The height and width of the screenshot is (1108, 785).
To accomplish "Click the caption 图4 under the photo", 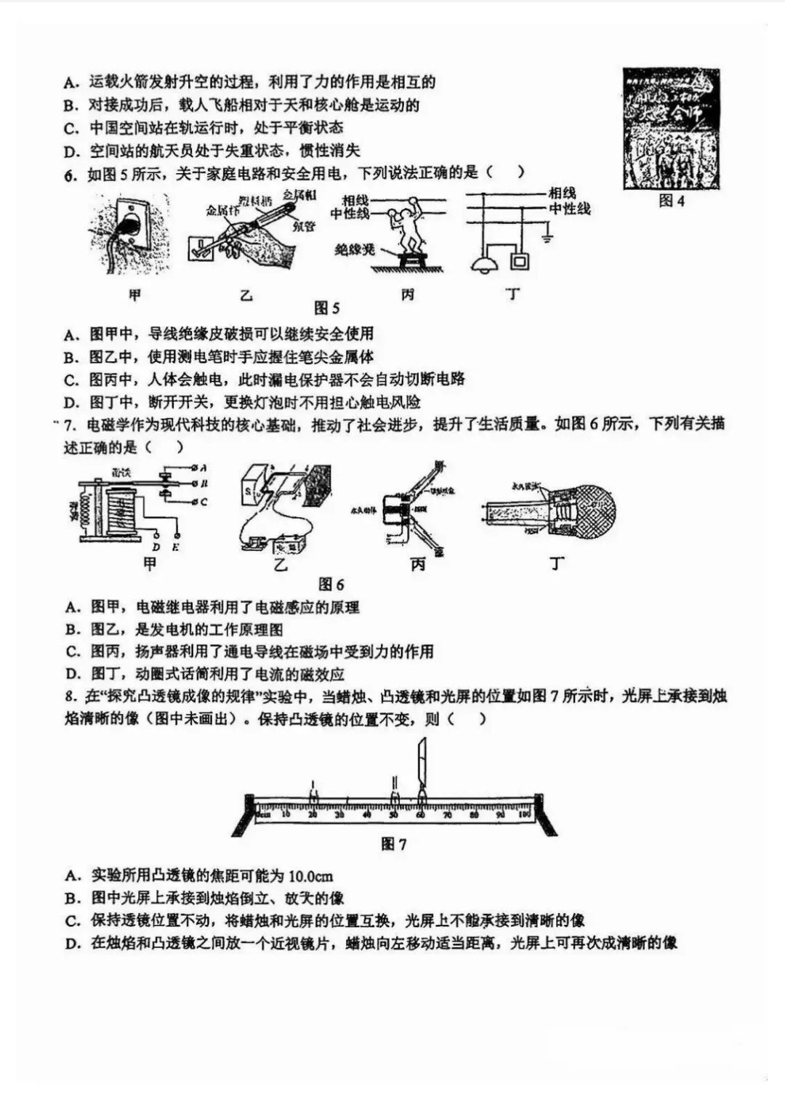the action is coord(671,201).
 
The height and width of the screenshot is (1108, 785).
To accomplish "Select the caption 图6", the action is coord(331,584).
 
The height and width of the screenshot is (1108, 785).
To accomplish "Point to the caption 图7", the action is coord(393,843).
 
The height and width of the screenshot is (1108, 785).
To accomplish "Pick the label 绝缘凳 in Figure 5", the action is coord(354,249).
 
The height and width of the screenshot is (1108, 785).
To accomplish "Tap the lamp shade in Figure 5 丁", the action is coord(482,264).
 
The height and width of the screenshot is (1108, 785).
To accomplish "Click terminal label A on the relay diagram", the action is coord(203,467).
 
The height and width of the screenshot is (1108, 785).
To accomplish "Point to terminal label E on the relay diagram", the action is coord(176,547).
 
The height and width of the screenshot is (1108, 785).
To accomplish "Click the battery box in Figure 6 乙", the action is coord(291,543).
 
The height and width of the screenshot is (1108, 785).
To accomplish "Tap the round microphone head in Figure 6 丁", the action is coord(590,507).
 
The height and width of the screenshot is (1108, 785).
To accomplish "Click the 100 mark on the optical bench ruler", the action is coord(524,814).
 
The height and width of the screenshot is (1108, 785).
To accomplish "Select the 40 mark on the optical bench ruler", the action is coord(366,814).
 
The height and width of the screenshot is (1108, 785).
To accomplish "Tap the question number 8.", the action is coord(70,696).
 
